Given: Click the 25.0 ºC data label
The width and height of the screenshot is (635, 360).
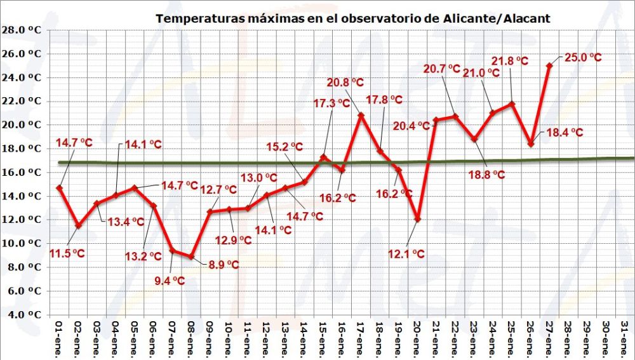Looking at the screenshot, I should point(582,58).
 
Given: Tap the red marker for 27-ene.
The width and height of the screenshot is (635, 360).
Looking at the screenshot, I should point(549,65).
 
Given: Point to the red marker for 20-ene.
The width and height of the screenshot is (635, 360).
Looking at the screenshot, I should point(418,219).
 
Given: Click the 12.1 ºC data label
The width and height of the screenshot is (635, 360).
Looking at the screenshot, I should point(407,254).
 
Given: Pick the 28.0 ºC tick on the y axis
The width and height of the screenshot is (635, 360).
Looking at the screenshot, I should point(22,30).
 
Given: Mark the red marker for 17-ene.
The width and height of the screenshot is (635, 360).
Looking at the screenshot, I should point(361,116).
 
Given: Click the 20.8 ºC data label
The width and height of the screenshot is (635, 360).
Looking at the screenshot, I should point(346,83).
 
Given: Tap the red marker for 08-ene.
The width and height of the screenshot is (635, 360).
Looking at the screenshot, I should point(191,257).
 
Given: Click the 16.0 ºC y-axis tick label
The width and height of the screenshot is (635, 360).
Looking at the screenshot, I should point(22,172).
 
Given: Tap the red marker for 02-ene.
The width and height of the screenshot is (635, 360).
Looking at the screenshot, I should point(77,225).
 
